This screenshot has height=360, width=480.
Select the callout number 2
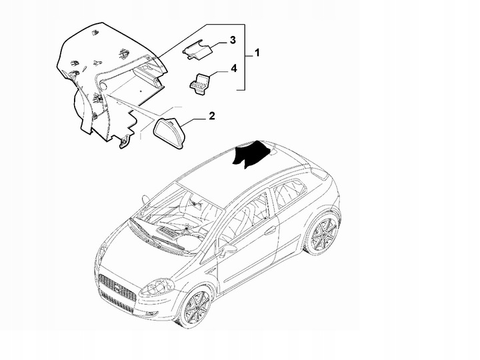pyautogui.click(x=211, y=117)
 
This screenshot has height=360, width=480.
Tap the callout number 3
pyautogui.click(x=233, y=41)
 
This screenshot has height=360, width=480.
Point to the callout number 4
pyautogui.click(x=233, y=68)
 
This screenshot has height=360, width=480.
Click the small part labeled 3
pyautogui.click(x=197, y=48)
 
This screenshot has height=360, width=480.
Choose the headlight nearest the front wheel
pyautogui.click(x=155, y=288)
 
